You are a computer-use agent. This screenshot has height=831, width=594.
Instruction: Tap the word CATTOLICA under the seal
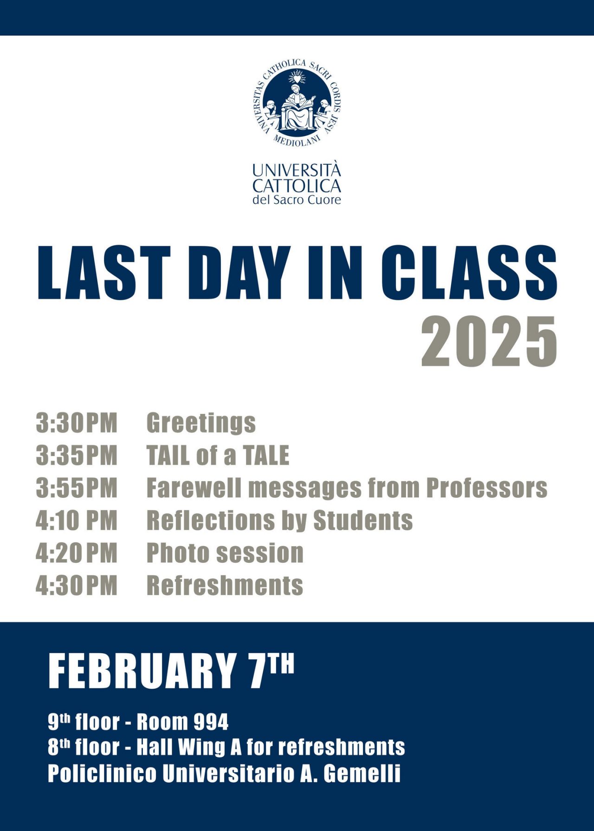pyautogui.click(x=297, y=186)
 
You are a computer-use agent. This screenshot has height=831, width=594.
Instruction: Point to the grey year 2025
pyautogui.click(x=489, y=341)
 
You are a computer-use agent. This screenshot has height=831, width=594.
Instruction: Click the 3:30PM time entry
pyautogui.click(x=77, y=423)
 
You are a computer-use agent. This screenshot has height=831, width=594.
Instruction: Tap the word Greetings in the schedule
pyautogui.click(x=201, y=424)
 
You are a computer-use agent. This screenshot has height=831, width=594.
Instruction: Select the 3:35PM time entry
pyautogui.click(x=77, y=455)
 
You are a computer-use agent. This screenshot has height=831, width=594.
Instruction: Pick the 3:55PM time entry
pyautogui.click(x=77, y=488)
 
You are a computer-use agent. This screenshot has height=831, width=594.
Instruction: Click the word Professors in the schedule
pyautogui.click(x=487, y=488)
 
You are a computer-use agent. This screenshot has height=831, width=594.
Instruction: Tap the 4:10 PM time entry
pyautogui.click(x=77, y=520)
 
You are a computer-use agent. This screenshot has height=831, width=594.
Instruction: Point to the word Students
pyautogui.click(x=363, y=520)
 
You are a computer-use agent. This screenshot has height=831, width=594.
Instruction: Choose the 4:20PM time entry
pyautogui.click(x=77, y=553)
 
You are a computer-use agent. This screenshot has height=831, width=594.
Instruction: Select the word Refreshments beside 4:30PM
pyautogui.click(x=225, y=585)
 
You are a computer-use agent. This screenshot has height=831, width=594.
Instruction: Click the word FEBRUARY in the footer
pyautogui.click(x=142, y=671)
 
